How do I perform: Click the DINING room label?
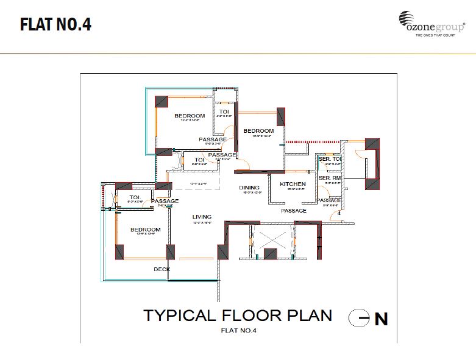click(x=249, y=188)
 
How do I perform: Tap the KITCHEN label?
click(x=293, y=184)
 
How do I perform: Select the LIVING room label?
click(x=202, y=217)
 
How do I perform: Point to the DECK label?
click(x=162, y=269)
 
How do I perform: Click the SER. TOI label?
click(x=329, y=160)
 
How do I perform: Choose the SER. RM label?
click(x=330, y=178)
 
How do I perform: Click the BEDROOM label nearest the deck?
click(x=145, y=230)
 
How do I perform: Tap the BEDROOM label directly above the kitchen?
click(x=258, y=131)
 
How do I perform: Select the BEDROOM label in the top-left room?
click(x=190, y=116)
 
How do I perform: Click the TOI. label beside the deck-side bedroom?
click(x=135, y=198)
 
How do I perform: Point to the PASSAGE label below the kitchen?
click(x=294, y=211)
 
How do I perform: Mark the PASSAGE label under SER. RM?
click(x=330, y=200)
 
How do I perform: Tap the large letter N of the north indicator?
click(x=381, y=319)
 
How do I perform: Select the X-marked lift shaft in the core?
click(x=272, y=235)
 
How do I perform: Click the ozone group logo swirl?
click(x=407, y=19)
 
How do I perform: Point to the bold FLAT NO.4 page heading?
click(x=55, y=25)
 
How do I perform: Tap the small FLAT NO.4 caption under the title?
click(x=239, y=331)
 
